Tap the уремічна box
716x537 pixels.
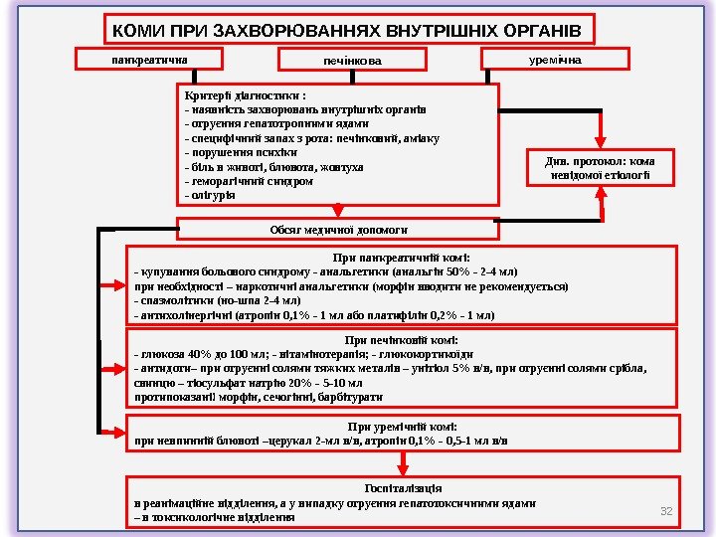[555, 60]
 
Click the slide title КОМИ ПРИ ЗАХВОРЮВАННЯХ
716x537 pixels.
[349, 30]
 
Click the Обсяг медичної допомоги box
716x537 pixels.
[339, 230]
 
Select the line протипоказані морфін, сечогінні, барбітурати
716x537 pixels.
[259, 396]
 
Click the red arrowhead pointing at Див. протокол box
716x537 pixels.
[602, 142]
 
